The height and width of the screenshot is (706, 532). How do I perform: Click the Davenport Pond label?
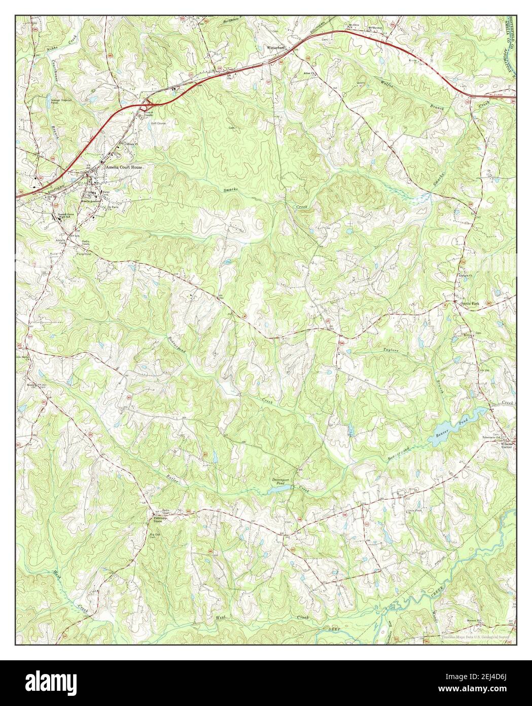[280, 480]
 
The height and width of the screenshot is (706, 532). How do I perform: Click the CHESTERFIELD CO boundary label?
[513, 30]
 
